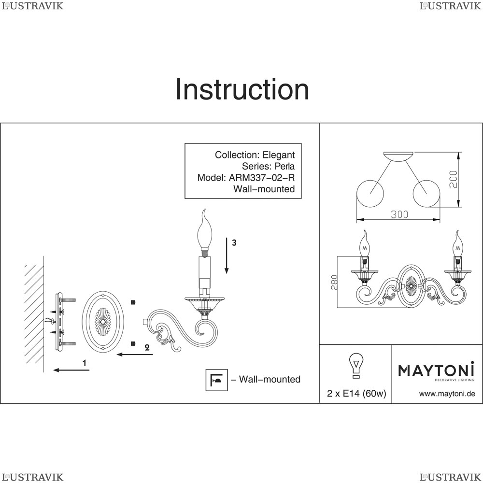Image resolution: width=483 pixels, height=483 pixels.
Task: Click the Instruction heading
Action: (242, 89)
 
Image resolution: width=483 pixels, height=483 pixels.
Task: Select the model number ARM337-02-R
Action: (261, 178)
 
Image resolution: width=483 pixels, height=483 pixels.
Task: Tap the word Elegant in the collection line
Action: (279, 155)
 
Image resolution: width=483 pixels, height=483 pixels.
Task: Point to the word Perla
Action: (284, 166)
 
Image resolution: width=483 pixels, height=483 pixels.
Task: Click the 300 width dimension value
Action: (399, 214)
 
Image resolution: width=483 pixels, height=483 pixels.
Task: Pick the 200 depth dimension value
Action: (454, 179)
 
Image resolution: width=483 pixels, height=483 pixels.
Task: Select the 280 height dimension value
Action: (335, 282)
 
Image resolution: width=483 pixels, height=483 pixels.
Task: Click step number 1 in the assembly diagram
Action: (85, 363)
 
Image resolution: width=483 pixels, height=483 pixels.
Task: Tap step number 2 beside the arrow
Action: (147, 347)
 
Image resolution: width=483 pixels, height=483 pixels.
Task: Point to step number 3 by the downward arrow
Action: (234, 243)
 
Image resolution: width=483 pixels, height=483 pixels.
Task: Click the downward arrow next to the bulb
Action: (227, 256)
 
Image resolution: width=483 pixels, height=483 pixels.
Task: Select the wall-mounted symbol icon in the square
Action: (216, 380)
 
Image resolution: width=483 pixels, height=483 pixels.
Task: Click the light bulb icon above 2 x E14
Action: (356, 366)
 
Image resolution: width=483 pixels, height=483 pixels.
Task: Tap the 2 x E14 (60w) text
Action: (356, 393)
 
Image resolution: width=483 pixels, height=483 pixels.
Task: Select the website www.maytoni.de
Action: (447, 394)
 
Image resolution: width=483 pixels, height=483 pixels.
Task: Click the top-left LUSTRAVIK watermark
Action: (33, 6)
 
